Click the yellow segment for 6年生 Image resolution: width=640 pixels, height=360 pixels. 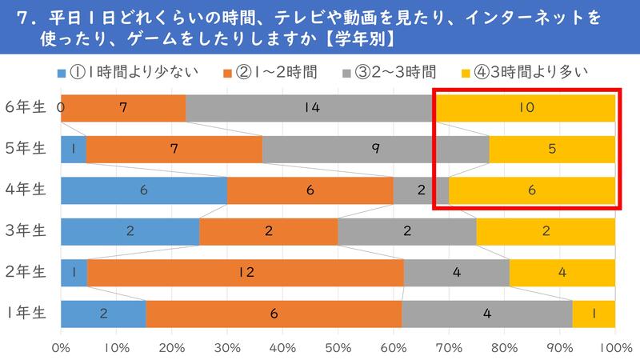pos(525,107)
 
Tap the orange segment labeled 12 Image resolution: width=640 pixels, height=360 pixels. pos(245,272)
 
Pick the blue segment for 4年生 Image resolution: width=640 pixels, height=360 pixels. pos(144,190)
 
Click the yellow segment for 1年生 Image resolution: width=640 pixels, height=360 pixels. pos(594,314)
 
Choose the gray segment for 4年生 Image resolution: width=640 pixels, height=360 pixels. pos(421,190)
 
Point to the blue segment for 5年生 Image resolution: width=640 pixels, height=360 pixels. pos(73,149)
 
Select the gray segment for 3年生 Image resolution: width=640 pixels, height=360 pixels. pos(406,231)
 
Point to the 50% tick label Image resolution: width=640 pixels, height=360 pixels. pos(338,348)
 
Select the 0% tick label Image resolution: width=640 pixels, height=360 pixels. pos(62,348)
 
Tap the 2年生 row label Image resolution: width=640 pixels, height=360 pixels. pos(26,272)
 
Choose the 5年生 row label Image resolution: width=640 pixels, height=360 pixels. pos(26,149)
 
